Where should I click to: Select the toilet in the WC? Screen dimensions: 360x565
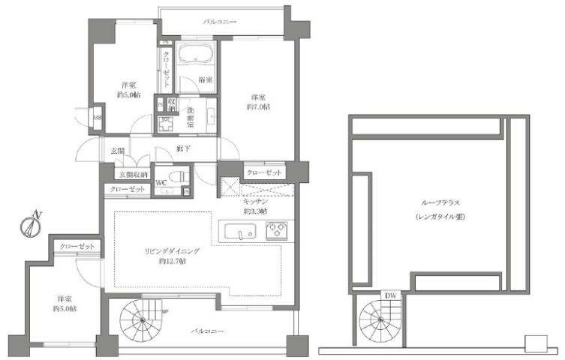click(x=175, y=178)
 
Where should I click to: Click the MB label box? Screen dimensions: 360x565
click(x=97, y=118)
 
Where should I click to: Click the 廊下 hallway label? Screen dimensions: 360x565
click(x=182, y=148)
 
